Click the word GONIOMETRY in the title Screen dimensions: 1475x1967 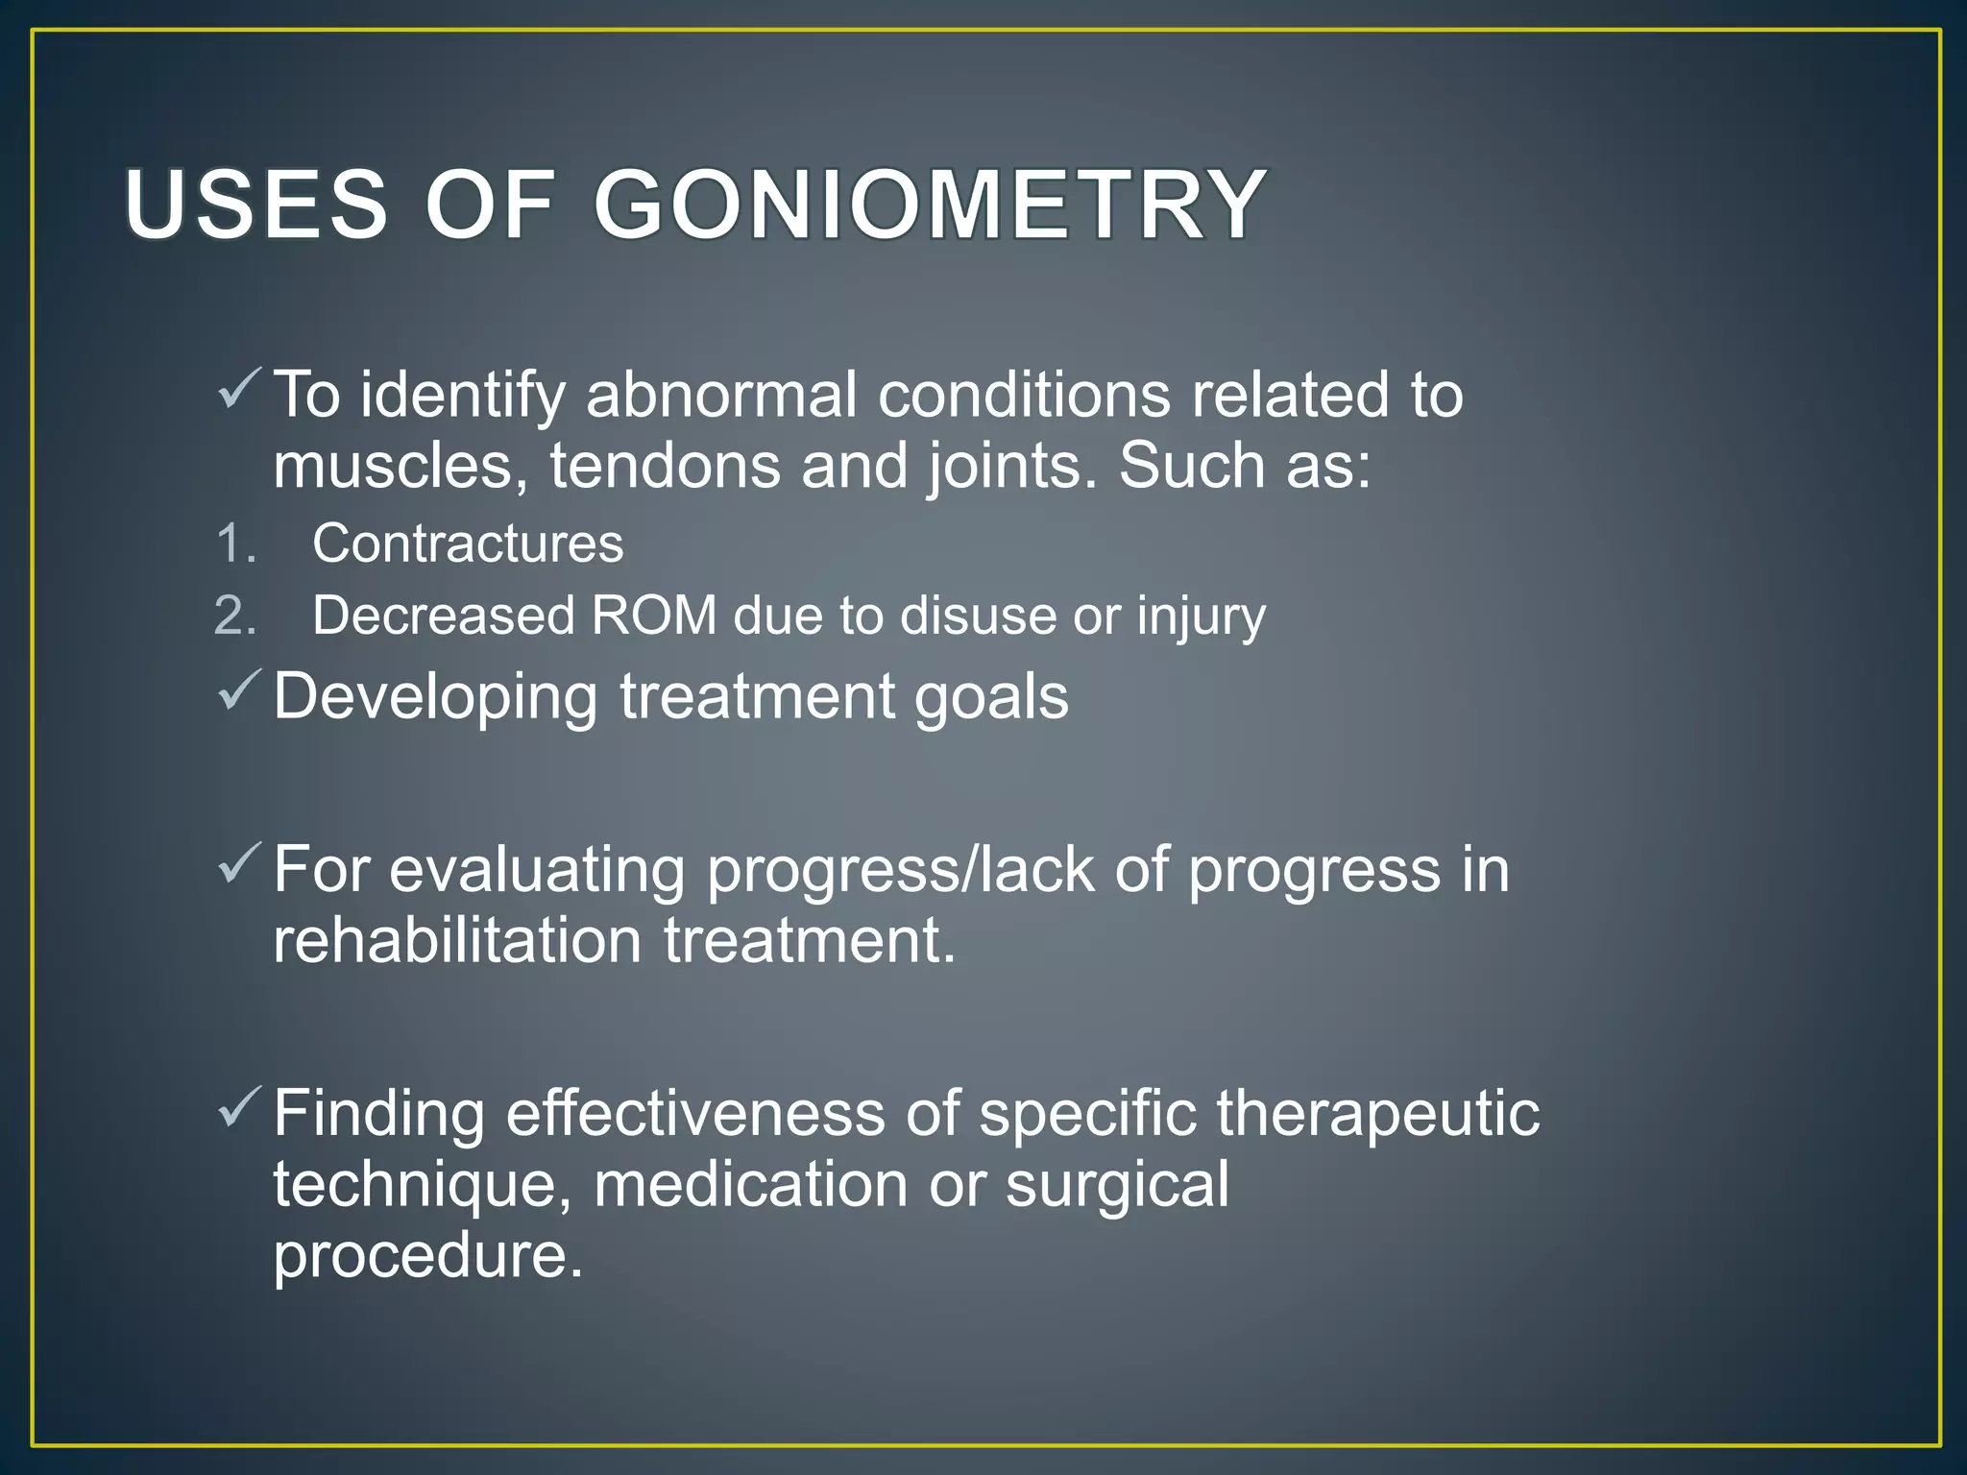pos(930,205)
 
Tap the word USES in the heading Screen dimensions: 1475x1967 pos(255,205)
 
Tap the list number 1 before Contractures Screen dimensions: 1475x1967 pos(235,544)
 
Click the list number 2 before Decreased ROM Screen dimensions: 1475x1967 pos(235,616)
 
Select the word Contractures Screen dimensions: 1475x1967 pos(468,544)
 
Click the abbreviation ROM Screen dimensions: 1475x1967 pos(654,616)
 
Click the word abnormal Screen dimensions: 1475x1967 pos(721,395)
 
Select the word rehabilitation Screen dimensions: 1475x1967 pos(457,940)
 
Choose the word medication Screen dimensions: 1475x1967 pos(750,1184)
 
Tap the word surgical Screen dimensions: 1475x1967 pos(1116,1186)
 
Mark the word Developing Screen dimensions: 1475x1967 pos(435,697)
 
